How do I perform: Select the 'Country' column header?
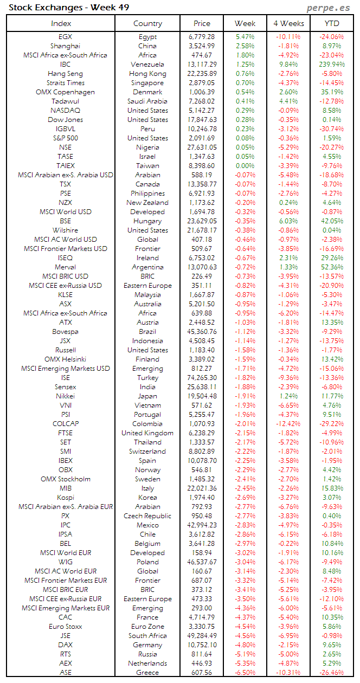[x=147, y=23]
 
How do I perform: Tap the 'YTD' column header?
[x=332, y=23]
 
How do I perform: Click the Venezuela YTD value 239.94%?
[x=332, y=65]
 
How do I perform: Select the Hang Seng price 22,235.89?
[x=202, y=74]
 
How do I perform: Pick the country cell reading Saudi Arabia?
[x=147, y=101]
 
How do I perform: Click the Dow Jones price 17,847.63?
[x=202, y=120]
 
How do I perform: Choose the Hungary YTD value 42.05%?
[x=332, y=221]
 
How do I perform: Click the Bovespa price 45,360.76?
[x=202, y=332]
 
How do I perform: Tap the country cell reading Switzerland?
[x=147, y=452]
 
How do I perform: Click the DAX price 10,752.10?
[x=202, y=645]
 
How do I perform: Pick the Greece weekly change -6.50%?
[x=245, y=673]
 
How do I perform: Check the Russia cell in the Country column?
[x=147, y=654]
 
